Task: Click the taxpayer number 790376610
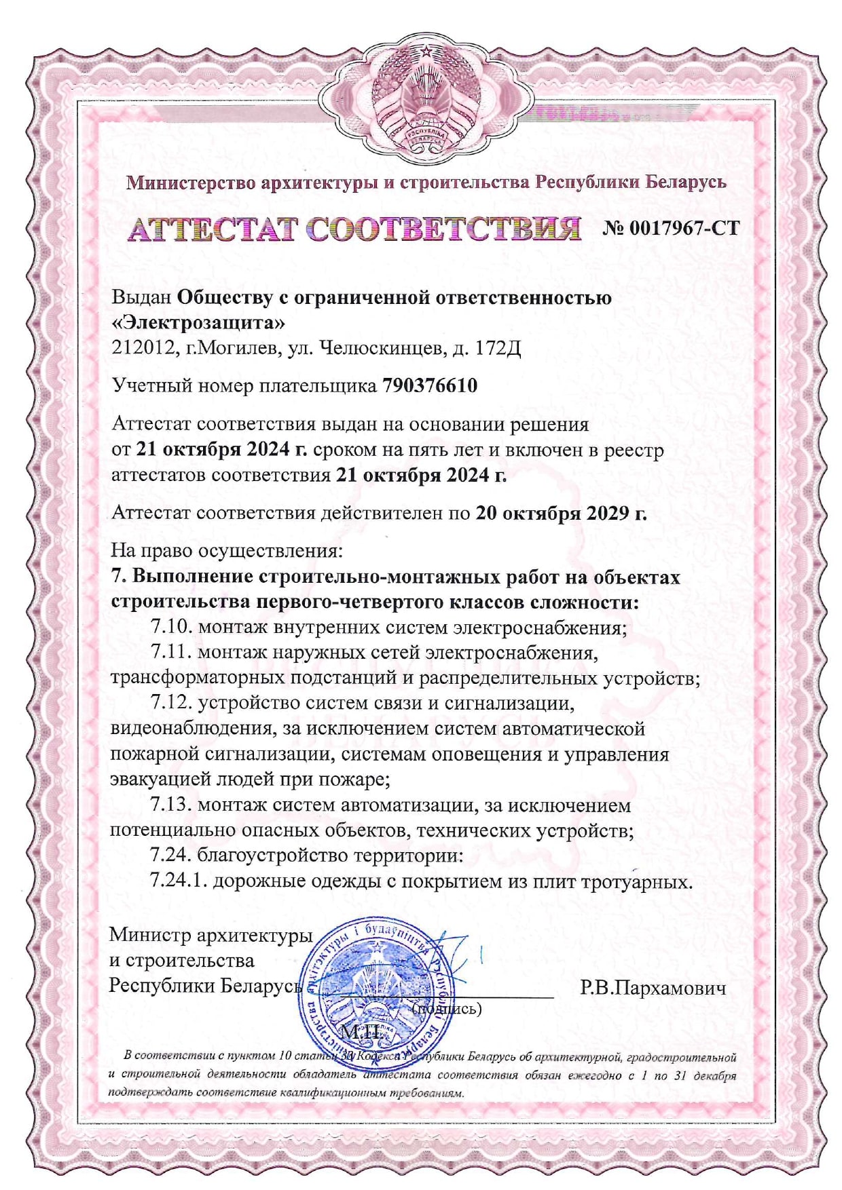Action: [430, 385]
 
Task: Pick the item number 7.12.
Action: [171, 703]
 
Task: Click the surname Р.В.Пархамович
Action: [653, 988]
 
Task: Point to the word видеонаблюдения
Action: [192, 729]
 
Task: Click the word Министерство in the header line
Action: [191, 183]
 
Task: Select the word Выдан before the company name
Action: [141, 297]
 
